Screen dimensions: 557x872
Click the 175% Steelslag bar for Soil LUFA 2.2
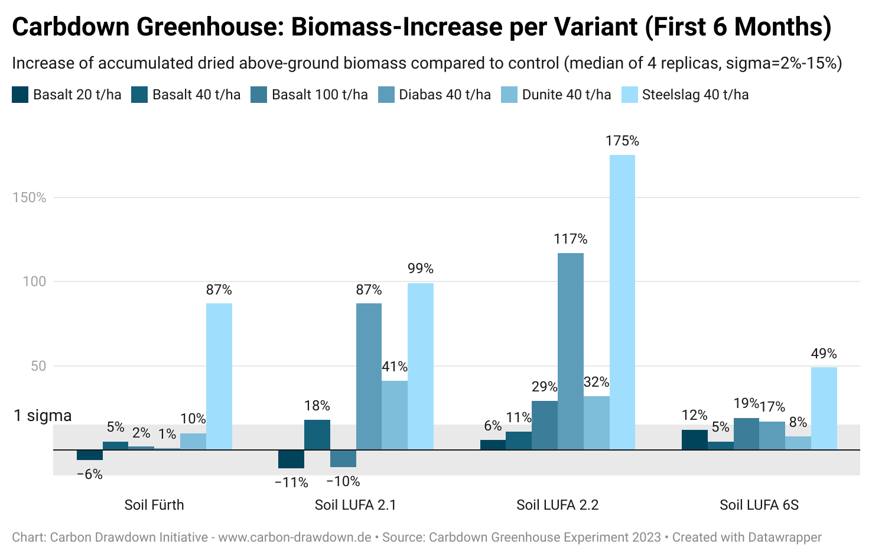[622, 302]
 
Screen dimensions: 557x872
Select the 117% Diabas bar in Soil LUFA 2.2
[570, 351]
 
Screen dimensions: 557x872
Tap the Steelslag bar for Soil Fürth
[219, 376]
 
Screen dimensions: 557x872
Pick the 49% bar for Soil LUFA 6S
[824, 408]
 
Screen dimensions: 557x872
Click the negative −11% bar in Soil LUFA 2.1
[291, 459]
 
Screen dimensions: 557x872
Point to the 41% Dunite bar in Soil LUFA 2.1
[394, 414]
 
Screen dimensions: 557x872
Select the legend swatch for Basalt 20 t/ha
[20, 95]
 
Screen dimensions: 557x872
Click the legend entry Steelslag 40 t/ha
[695, 95]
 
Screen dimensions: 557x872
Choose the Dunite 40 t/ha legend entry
[566, 95]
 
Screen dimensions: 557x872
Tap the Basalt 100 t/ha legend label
[319, 95]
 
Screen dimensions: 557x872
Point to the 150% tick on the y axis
[30, 197]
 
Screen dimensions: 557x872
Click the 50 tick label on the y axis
[38, 366]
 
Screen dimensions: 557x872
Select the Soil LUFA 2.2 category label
[557, 505]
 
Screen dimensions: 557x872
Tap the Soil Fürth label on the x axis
[154, 505]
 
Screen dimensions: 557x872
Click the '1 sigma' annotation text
[43, 416]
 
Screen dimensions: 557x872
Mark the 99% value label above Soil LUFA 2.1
[420, 268]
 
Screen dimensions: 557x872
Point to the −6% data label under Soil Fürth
[90, 474]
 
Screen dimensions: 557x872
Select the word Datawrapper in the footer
[785, 537]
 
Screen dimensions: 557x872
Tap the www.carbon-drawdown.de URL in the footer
[294, 537]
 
